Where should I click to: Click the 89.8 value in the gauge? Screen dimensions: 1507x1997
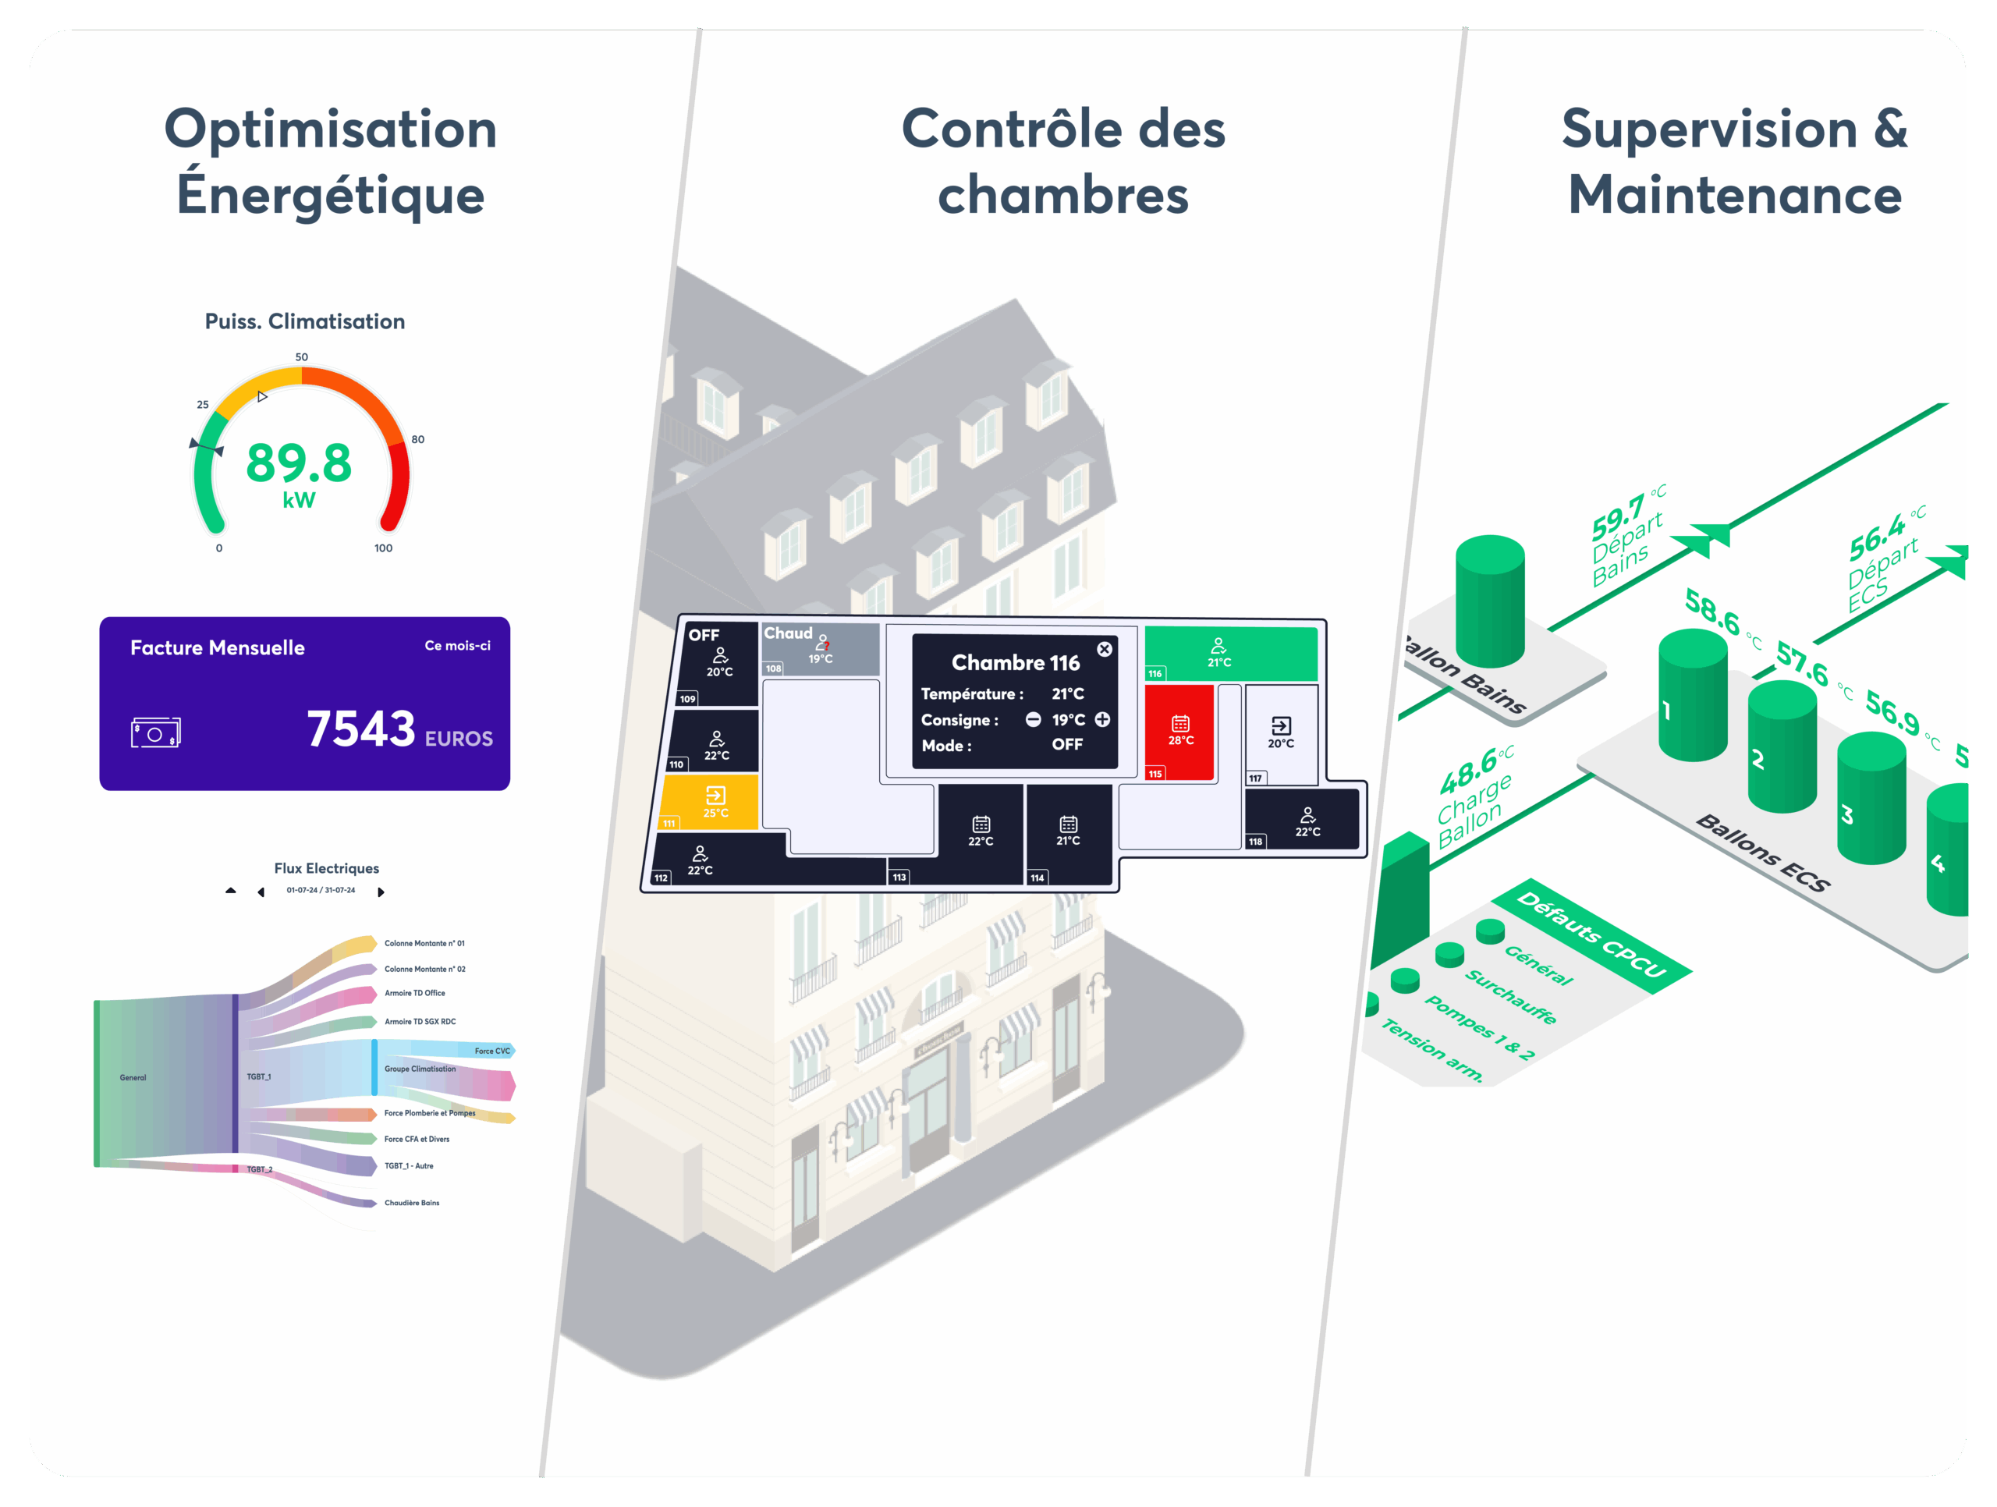299,463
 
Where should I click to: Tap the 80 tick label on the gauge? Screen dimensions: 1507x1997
418,440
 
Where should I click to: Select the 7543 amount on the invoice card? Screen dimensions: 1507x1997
361,729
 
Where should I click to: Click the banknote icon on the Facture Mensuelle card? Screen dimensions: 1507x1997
155,732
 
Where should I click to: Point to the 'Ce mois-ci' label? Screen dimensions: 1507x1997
458,646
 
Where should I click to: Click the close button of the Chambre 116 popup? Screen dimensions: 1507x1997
1104,649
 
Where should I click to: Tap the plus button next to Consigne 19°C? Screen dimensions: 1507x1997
1102,720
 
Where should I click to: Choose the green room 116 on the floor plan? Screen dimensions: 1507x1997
1229,652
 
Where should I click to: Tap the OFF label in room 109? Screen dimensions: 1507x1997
704,636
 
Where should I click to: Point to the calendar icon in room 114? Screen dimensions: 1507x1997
1068,824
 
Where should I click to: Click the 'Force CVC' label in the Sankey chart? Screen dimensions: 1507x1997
492,1051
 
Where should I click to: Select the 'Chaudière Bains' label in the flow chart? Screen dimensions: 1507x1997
412,1203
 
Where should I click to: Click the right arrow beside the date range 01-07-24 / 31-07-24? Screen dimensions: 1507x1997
381,892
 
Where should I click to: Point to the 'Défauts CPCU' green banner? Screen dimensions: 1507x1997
1591,934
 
